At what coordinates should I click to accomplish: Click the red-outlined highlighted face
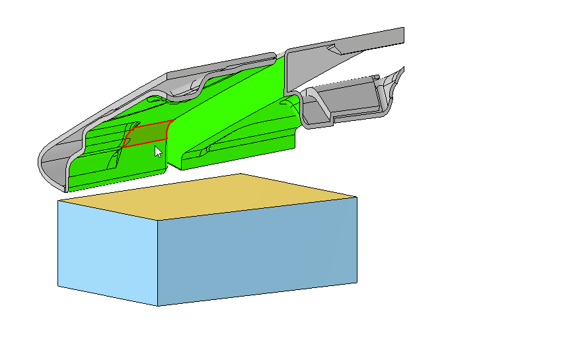point(147,134)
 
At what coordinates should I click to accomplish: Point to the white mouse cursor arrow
point(158,152)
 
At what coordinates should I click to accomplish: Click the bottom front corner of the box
point(159,306)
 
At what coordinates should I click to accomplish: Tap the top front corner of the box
point(159,220)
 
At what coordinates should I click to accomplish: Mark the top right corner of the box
point(357,197)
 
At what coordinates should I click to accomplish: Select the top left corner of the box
point(58,200)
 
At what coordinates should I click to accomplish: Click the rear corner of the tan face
point(241,174)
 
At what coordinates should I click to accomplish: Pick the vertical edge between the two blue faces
point(159,264)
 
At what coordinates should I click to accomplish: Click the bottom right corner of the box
point(357,283)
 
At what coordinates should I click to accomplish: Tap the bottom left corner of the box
point(58,286)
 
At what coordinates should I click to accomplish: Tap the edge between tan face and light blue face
point(108,210)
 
